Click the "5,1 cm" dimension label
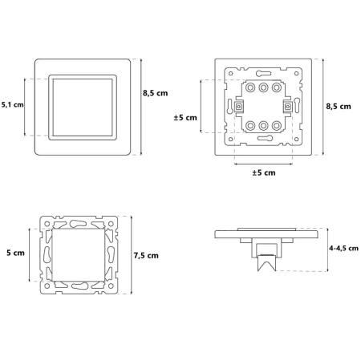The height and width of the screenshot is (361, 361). [x=13, y=104]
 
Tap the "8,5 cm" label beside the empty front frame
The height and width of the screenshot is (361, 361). [x=155, y=93]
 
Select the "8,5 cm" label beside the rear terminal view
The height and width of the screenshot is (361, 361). [x=339, y=107]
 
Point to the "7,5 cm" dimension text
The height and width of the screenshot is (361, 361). [x=146, y=256]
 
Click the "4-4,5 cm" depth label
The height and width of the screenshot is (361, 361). [x=343, y=248]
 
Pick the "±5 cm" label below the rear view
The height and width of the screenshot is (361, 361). [x=264, y=172]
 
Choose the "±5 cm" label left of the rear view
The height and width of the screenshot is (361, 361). [x=185, y=117]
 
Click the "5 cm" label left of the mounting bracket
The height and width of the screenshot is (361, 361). [x=15, y=253]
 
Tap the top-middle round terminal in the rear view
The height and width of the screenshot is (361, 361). [x=263, y=87]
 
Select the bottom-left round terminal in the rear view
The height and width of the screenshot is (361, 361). [x=250, y=125]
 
